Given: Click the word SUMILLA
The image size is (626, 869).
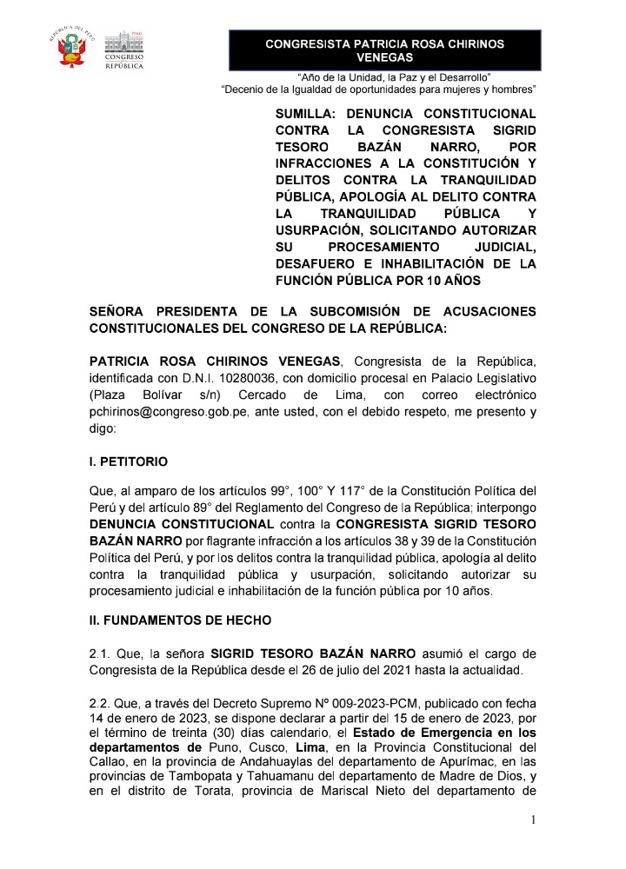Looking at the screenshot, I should pyautogui.click(x=305, y=114).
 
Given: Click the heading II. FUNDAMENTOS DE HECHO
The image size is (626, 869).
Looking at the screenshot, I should pyautogui.click(x=180, y=620).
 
